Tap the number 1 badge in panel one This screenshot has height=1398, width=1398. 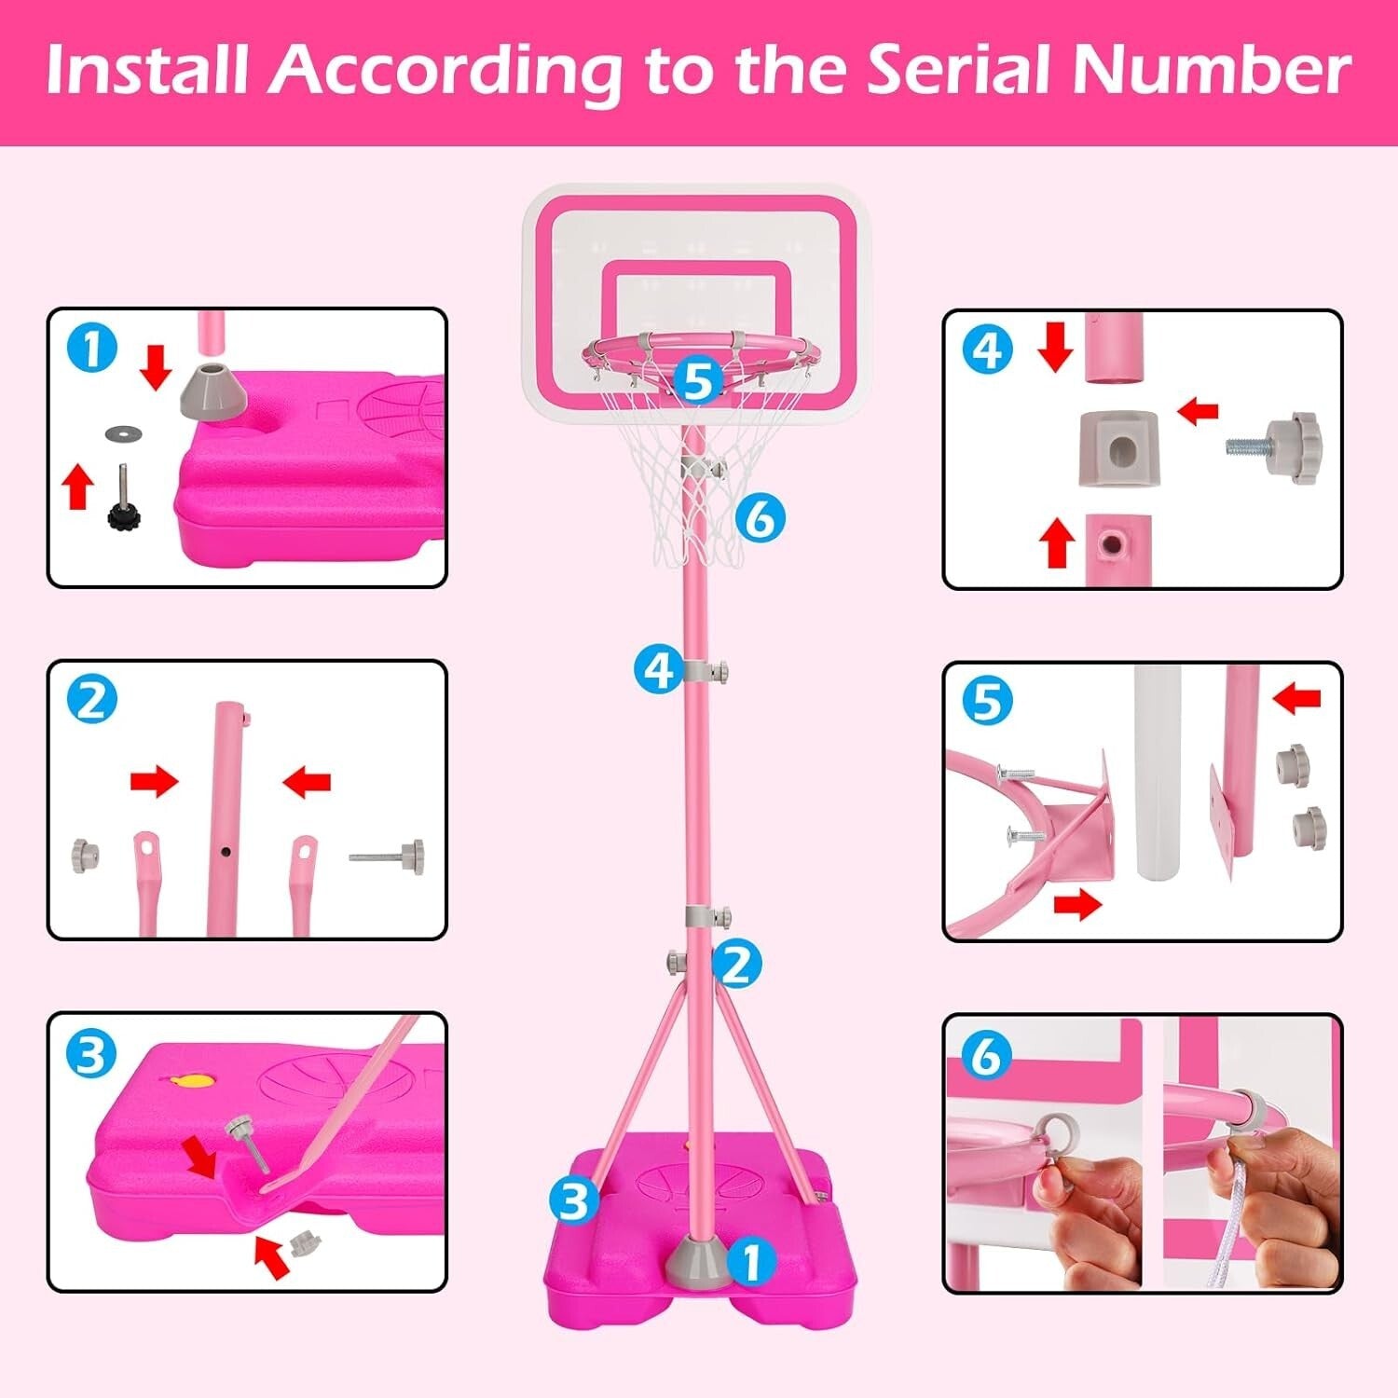(x=92, y=349)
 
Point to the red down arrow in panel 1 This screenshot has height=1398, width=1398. (x=156, y=366)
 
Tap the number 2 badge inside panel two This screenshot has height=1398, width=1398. (x=92, y=700)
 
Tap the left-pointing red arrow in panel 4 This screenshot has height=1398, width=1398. (x=1198, y=410)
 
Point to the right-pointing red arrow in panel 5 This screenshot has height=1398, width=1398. (x=1076, y=905)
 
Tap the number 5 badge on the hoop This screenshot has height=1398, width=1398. (x=697, y=382)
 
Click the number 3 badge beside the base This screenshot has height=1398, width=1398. (x=572, y=1200)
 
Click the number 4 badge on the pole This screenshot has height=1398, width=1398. (x=659, y=669)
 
